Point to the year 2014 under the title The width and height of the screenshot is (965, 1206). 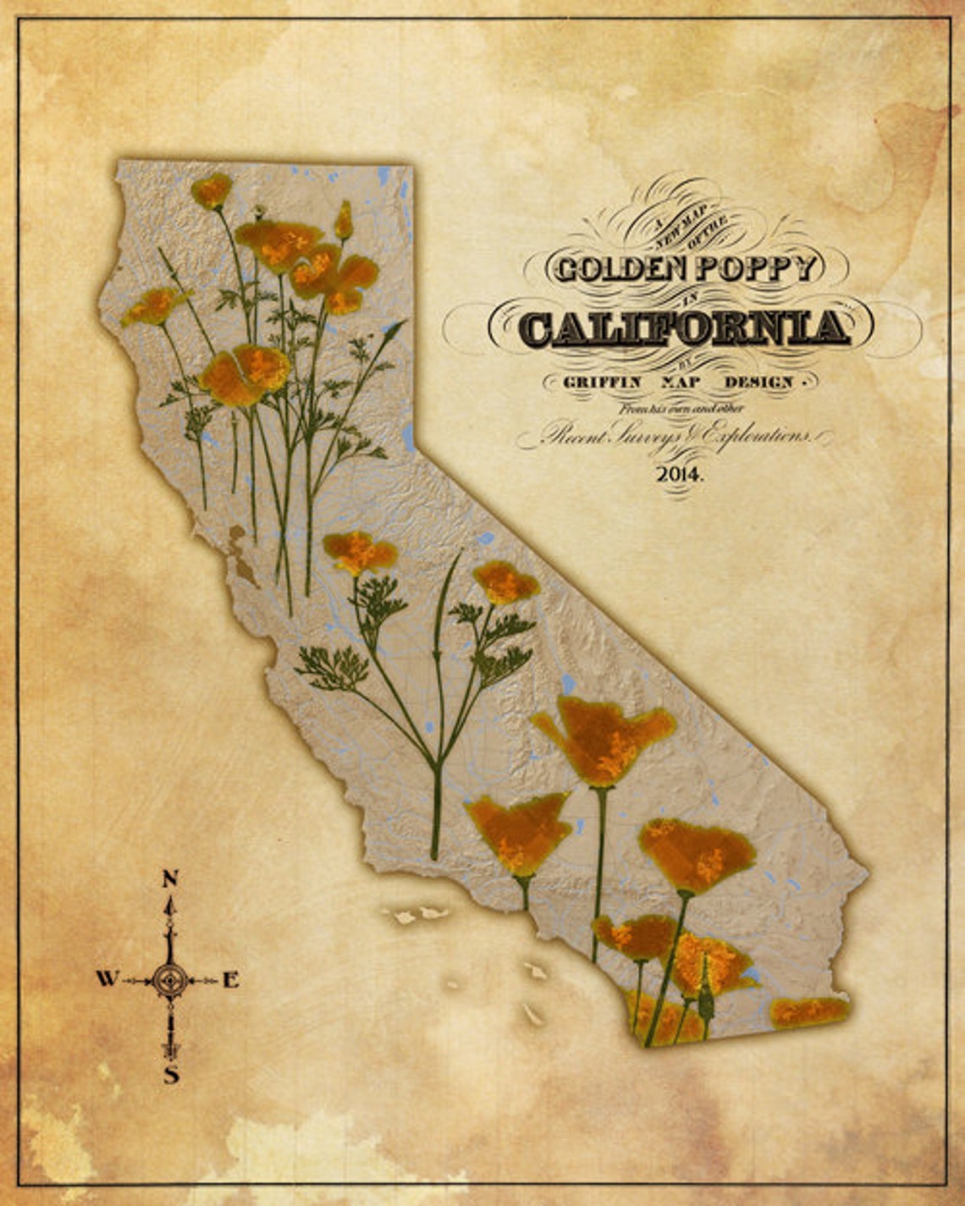[x=679, y=474]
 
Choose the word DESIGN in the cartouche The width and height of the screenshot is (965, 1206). [x=758, y=382]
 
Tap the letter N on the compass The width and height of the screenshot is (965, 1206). [x=169, y=878]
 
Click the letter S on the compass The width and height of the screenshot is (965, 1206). [x=171, y=1076]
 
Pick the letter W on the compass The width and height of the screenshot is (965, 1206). [x=106, y=979]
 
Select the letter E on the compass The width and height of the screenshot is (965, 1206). [x=230, y=980]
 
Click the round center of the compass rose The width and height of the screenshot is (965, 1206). [x=171, y=980]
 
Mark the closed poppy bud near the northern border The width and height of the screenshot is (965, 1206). [x=343, y=221]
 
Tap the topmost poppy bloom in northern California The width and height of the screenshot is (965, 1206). [x=211, y=190]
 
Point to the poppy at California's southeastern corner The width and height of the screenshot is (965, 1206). [x=808, y=1011]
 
